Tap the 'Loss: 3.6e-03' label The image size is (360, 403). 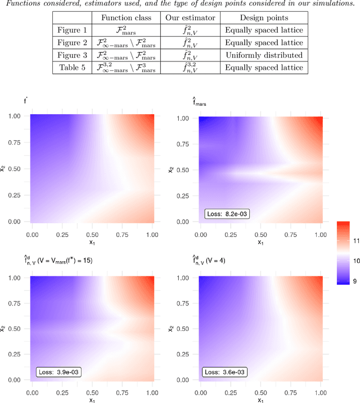click(224, 371)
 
